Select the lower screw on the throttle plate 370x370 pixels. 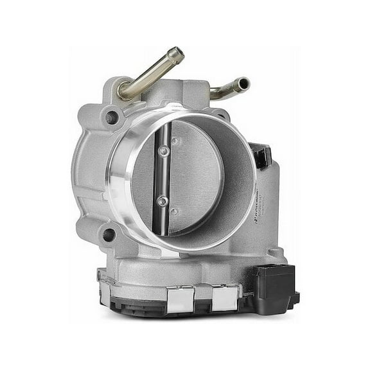[163, 201]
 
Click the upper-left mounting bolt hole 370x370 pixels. [112, 118]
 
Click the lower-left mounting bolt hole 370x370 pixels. [109, 235]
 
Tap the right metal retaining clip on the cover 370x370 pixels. [225, 298]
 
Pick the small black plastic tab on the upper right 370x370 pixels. [261, 155]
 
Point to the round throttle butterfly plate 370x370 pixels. [193, 177]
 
